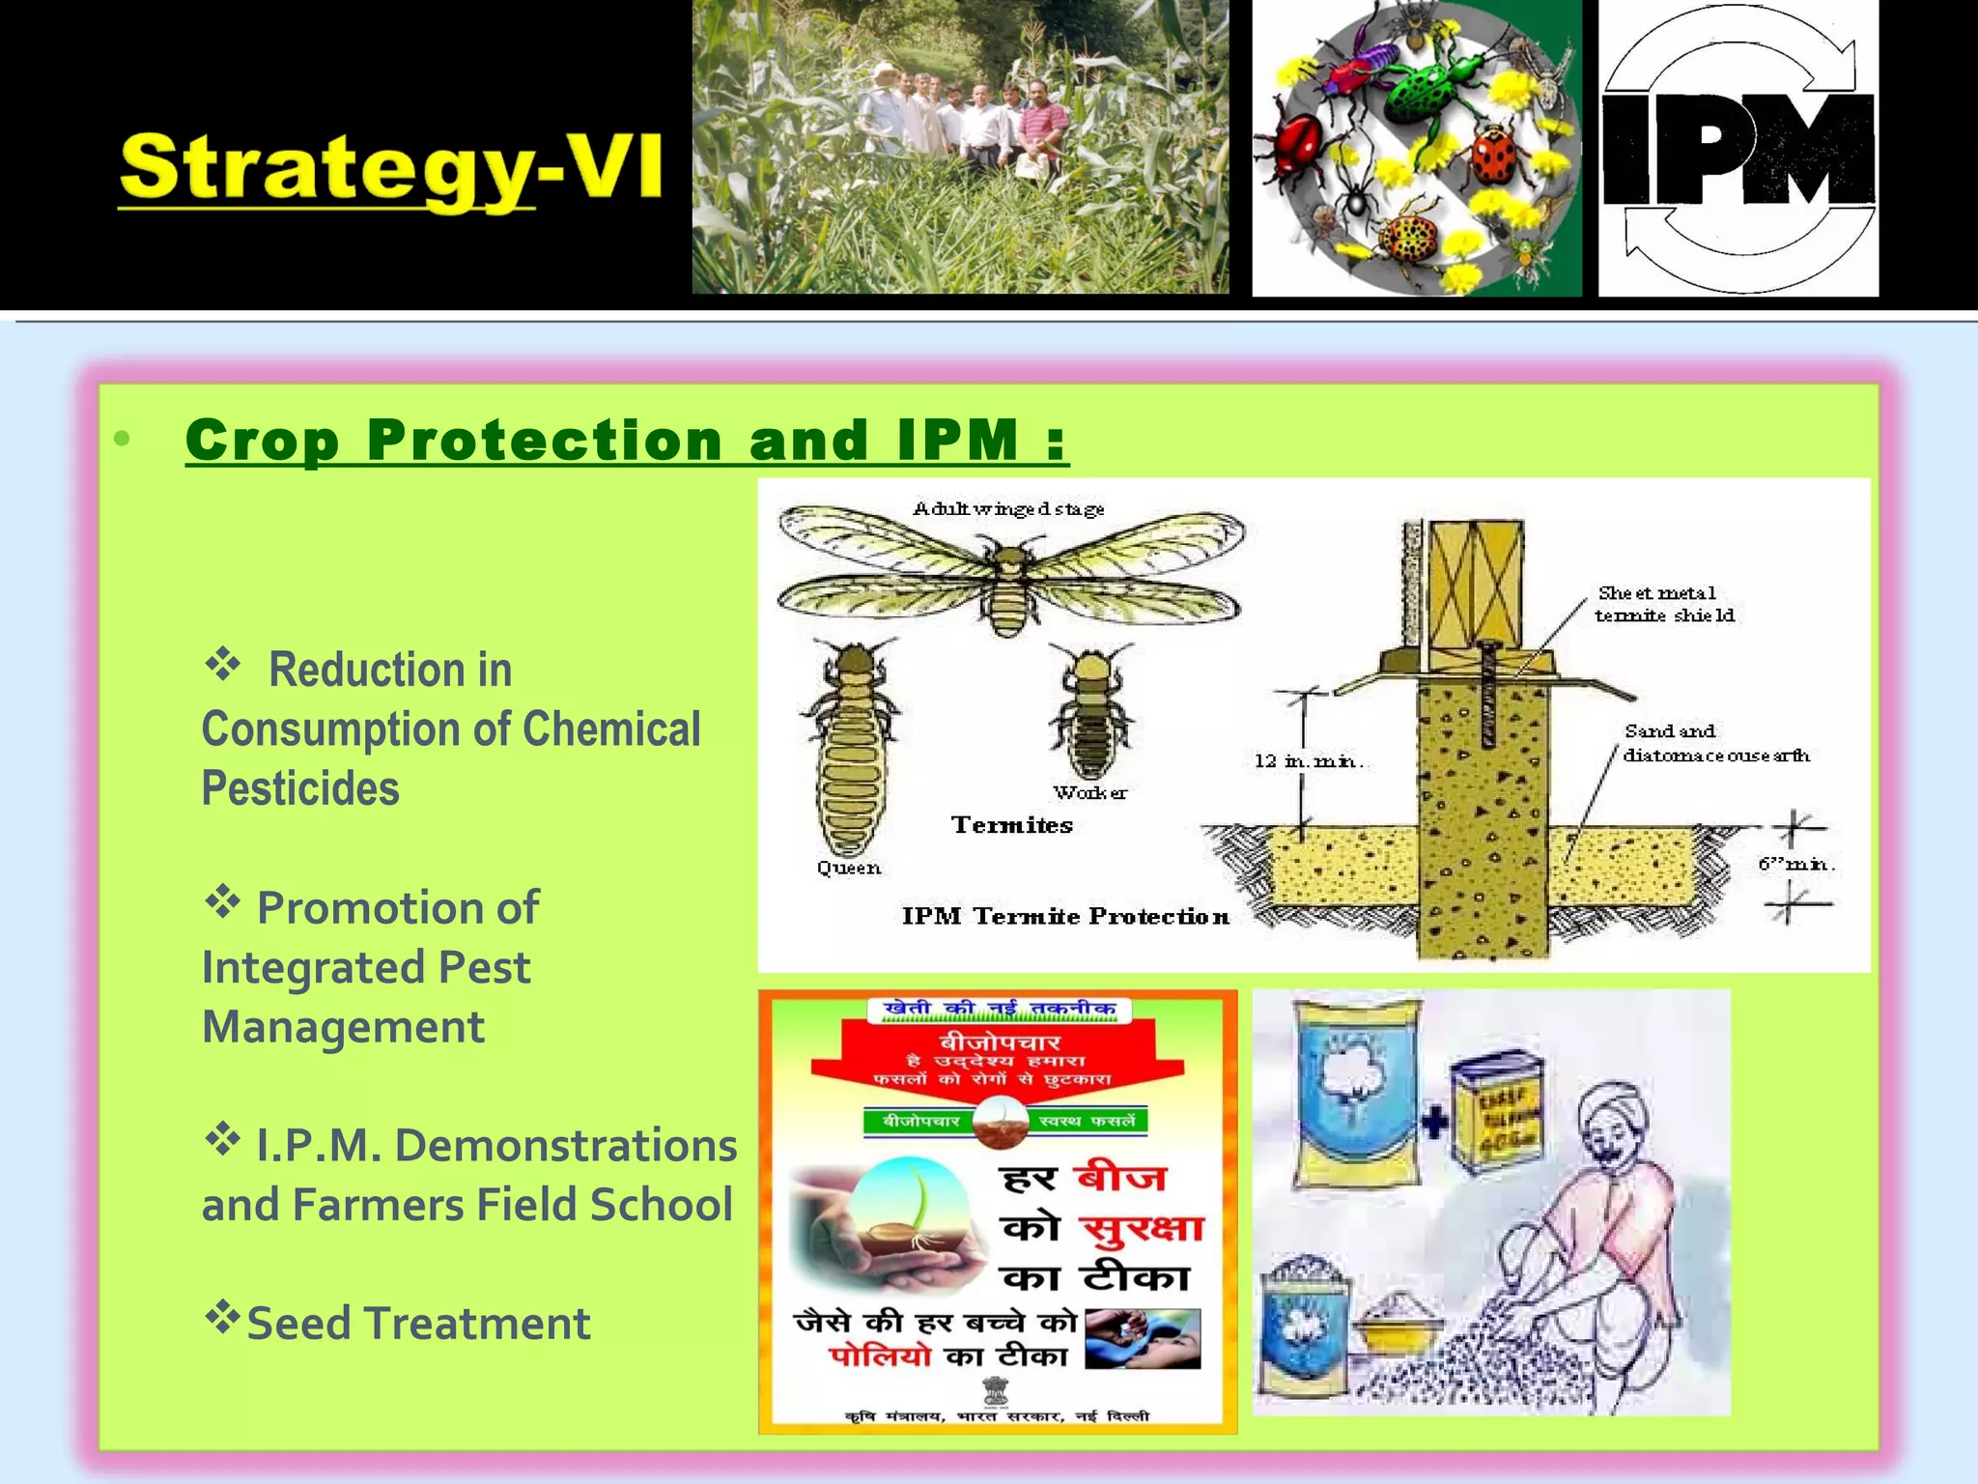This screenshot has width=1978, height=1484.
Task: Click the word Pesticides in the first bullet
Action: [300, 788]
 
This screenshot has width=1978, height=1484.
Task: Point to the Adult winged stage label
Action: [1008, 509]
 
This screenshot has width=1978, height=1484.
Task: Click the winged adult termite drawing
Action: [1009, 575]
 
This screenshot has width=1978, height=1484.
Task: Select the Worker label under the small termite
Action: [1089, 793]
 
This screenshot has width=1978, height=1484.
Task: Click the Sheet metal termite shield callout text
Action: [1664, 604]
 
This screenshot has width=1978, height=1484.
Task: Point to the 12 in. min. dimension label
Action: [1309, 761]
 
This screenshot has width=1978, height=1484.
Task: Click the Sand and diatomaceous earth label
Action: [1715, 743]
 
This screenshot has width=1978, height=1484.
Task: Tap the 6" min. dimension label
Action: [1795, 864]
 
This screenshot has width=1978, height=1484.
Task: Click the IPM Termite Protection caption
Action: [1065, 916]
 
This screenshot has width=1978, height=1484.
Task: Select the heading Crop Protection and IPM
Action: [626, 441]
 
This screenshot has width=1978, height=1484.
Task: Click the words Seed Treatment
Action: [418, 1323]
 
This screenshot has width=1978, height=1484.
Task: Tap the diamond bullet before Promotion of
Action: [222, 902]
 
